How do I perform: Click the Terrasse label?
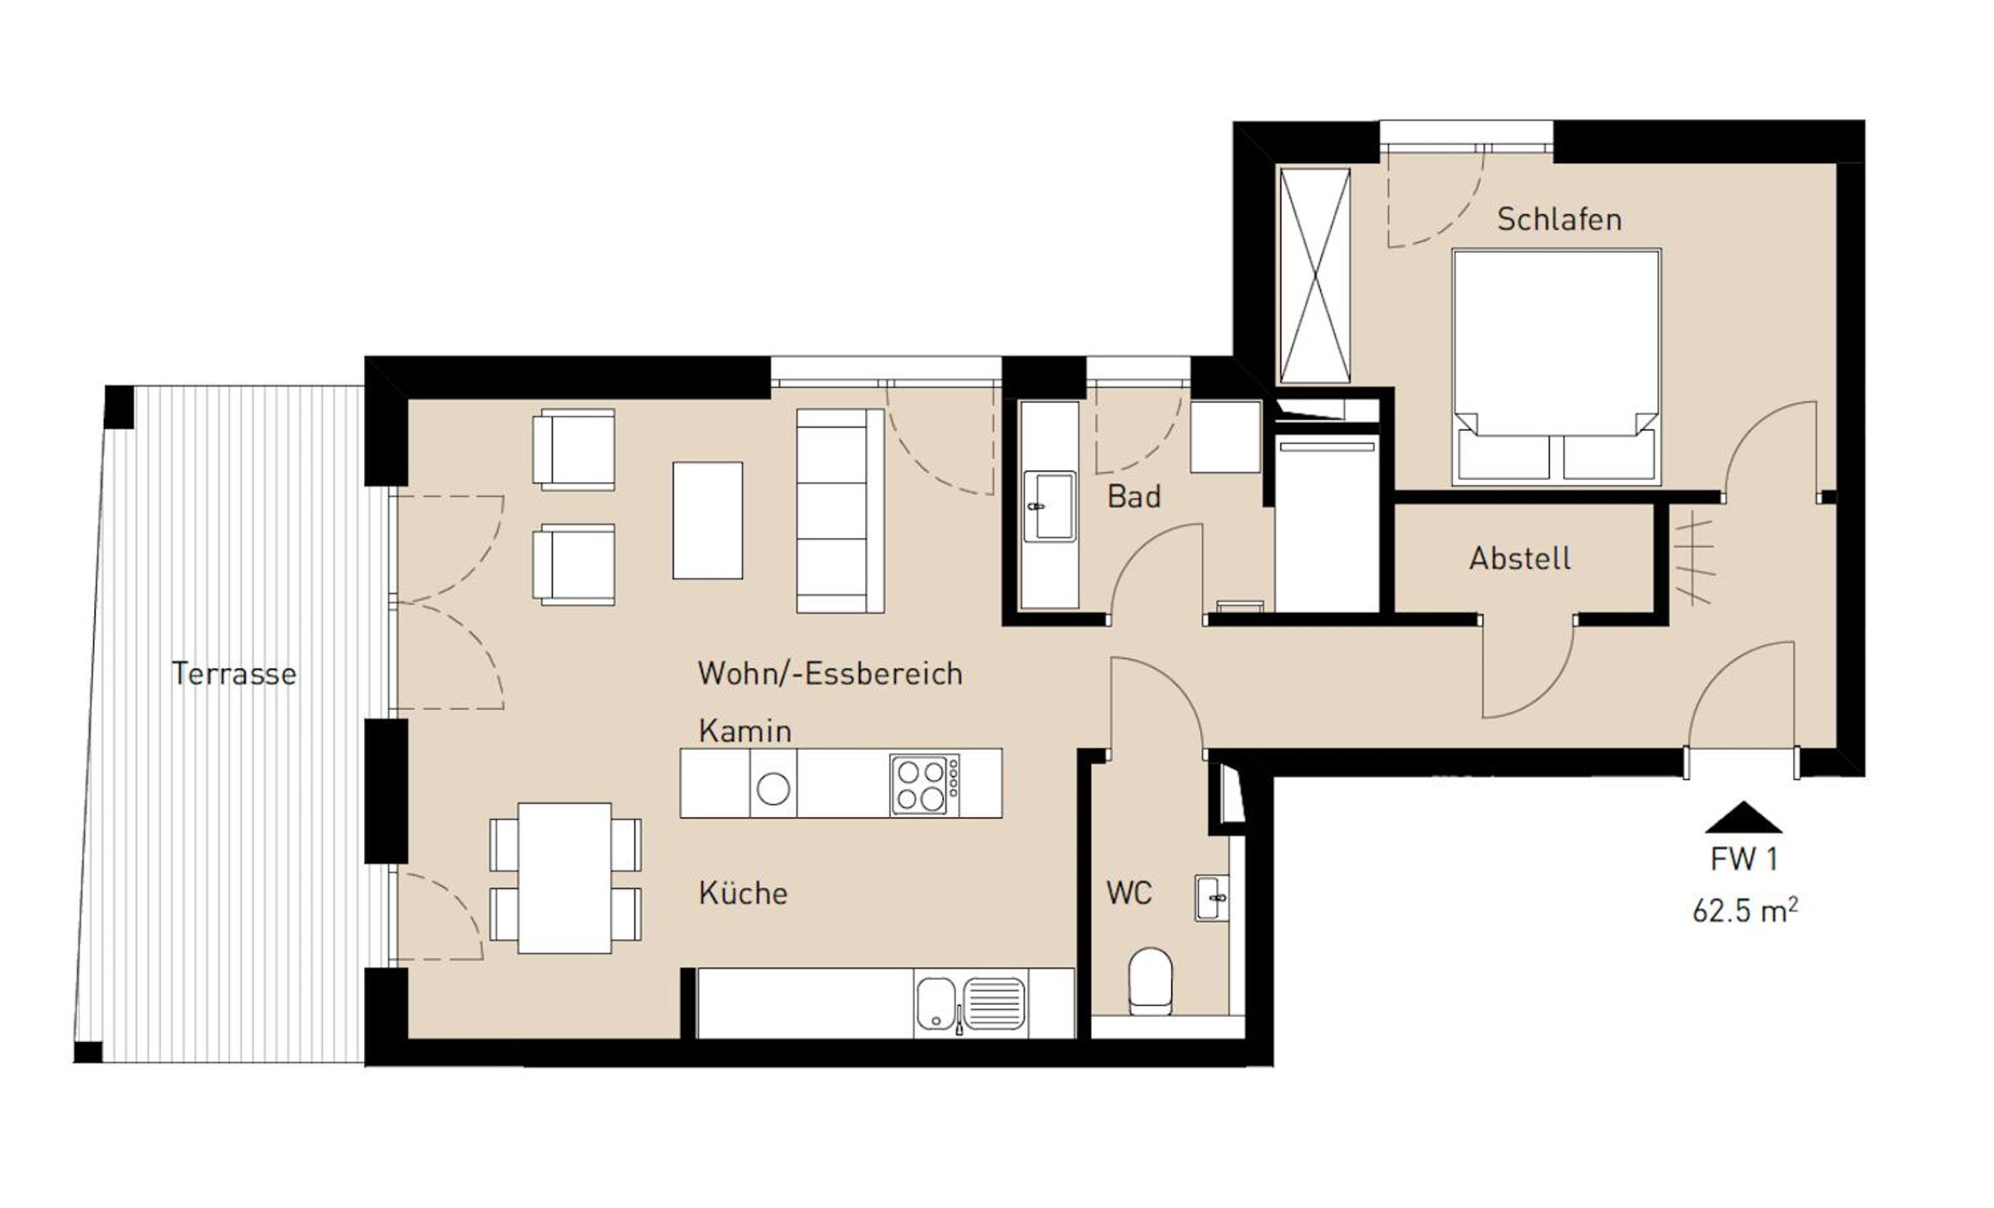(x=234, y=673)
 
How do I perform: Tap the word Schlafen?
(x=1559, y=219)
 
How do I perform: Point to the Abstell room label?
(x=1520, y=558)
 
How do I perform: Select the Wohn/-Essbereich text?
(x=829, y=673)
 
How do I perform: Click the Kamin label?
(x=744, y=731)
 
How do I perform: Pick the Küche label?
(x=743, y=892)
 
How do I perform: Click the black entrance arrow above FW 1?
(x=1743, y=817)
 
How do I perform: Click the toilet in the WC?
(x=1150, y=981)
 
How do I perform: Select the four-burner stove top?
(x=924, y=784)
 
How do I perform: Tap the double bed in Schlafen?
(x=1556, y=367)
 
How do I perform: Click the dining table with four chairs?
(x=565, y=878)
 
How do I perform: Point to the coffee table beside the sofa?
(x=707, y=520)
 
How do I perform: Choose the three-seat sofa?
(x=840, y=511)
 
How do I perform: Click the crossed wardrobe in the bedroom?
(x=1314, y=276)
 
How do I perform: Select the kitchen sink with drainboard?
(x=970, y=1004)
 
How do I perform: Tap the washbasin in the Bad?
(x=1049, y=506)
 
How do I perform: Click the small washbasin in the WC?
(x=1212, y=898)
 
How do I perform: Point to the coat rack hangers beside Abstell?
(x=1694, y=561)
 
